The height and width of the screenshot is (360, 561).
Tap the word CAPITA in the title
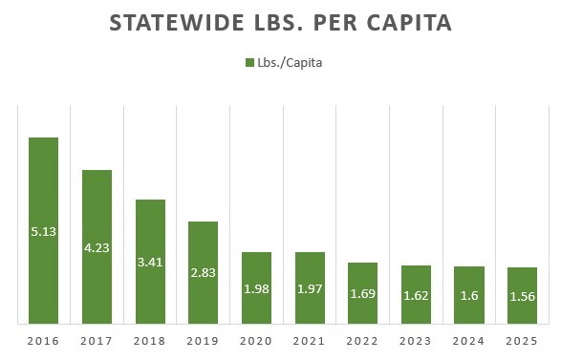[x=404, y=24]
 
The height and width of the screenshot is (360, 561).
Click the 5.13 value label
[x=44, y=231]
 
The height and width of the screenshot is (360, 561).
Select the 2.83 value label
[x=203, y=273]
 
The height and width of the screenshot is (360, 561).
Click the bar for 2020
[x=256, y=286]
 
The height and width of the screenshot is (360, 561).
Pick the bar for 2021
[x=310, y=286]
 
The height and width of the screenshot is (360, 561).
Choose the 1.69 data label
[x=362, y=294]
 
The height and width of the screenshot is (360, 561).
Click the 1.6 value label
[x=468, y=296]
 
